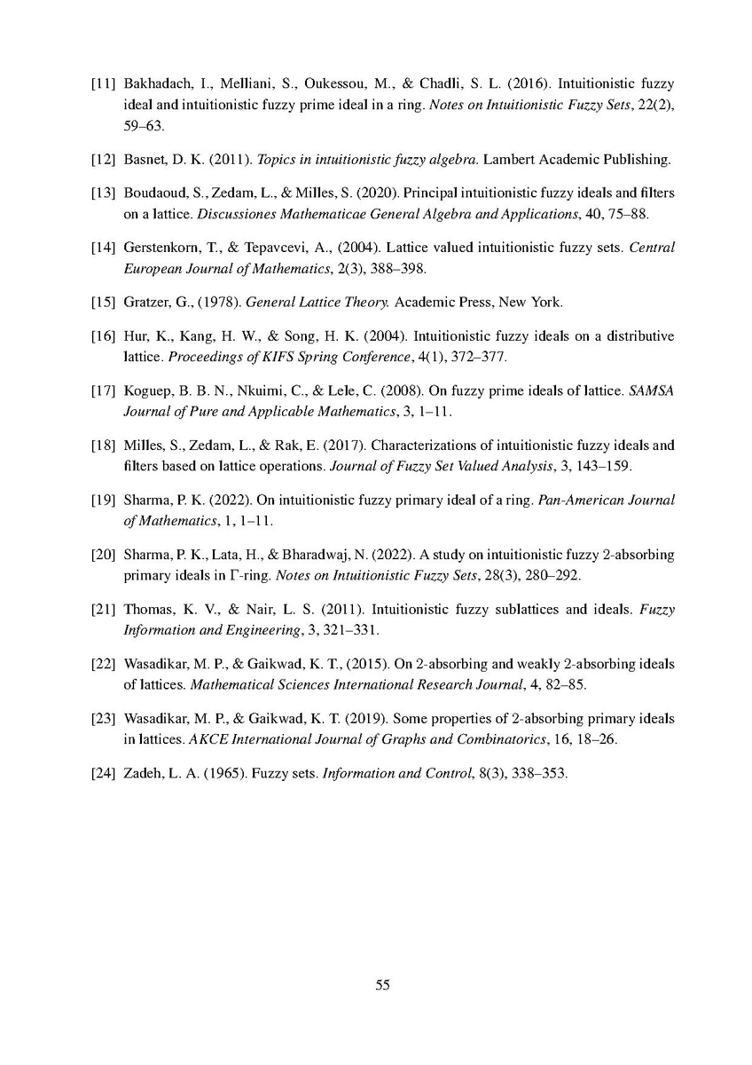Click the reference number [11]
tap(104, 84)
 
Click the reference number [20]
tap(104, 555)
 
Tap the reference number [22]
tap(104, 664)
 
